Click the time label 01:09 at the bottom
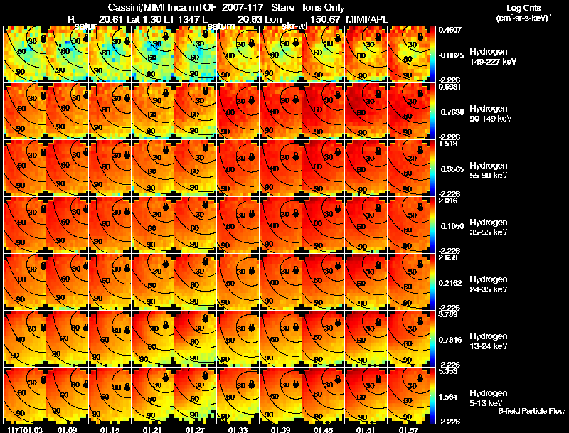tap(67, 429)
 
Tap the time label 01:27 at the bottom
tap(195, 429)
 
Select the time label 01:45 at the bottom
tap(323, 429)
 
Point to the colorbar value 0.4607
tap(450, 30)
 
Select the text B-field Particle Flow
tap(531, 411)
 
